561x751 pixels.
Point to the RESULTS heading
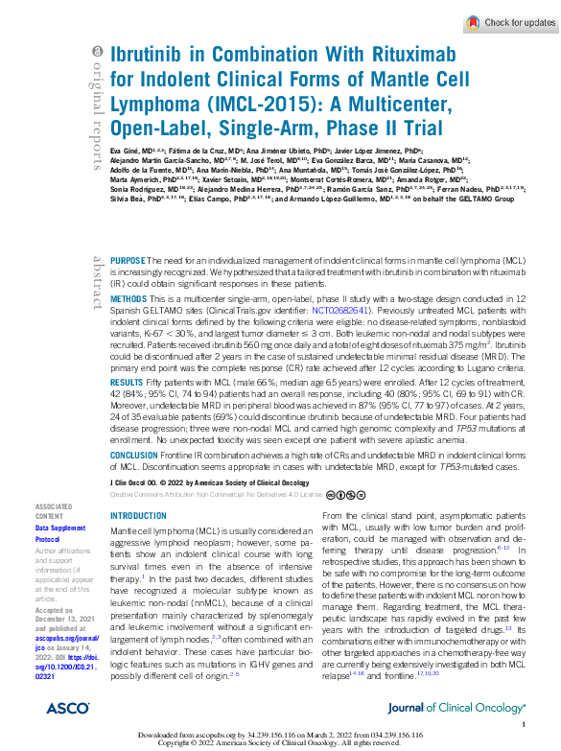pyautogui.click(x=129, y=382)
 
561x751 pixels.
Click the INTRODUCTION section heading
pyautogui.click(x=139, y=515)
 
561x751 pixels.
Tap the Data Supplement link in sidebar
pyautogui.click(x=59, y=528)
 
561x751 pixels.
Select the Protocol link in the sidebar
pyautogui.click(x=48, y=539)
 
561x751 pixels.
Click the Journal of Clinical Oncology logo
pyautogui.click(x=456, y=707)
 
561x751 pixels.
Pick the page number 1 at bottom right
pyautogui.click(x=524, y=726)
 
